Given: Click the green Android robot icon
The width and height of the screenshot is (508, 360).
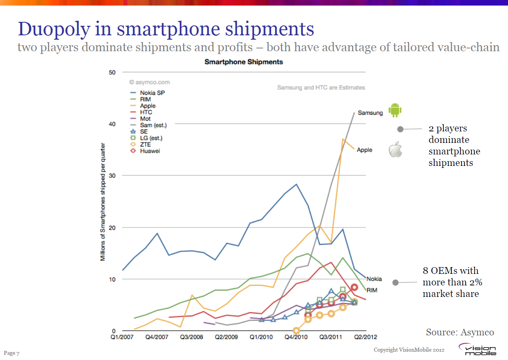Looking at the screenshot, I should pos(394,110).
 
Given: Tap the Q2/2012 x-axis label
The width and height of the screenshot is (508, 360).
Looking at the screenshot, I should pos(366,337).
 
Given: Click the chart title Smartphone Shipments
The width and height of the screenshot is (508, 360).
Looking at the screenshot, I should pos(243,62).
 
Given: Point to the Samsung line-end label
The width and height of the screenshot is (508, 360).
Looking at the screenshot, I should pos(370,113).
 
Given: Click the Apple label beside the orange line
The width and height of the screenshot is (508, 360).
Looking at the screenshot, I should pos(364,150).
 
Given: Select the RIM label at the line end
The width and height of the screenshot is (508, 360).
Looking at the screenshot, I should pos(371,290).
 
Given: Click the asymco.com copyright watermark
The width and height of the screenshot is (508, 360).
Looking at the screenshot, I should pos(149,82).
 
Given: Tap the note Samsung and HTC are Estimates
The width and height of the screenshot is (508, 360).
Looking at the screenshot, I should pos(321,87).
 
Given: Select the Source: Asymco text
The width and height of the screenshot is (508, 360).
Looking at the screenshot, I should pos(460,332).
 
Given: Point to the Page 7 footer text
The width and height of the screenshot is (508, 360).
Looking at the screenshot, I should pos(12,353).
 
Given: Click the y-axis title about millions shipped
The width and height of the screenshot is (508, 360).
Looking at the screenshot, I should pos(103,202).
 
